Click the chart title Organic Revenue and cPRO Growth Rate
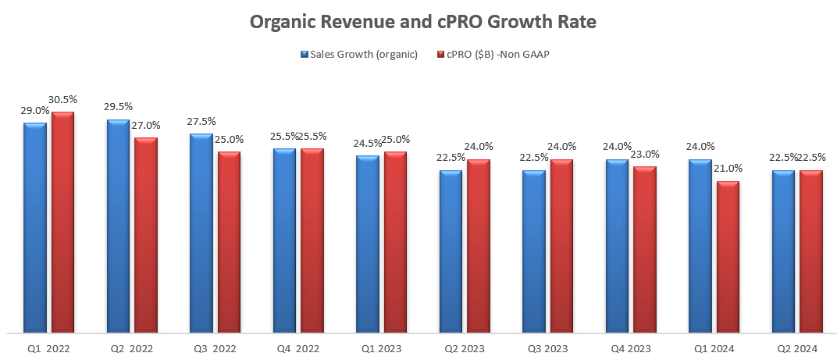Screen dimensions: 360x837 422,22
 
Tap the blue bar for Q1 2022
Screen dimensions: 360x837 35,226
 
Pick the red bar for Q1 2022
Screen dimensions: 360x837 63,223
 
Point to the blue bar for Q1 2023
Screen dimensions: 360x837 368,243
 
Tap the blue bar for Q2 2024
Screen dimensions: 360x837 783,250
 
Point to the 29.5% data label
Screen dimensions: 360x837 119,108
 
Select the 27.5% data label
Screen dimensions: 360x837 201,122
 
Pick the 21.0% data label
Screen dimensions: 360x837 728,169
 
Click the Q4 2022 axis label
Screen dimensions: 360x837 297,349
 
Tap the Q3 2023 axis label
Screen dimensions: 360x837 547,349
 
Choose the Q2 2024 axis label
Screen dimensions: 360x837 796,349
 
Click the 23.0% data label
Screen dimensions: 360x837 644,154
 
